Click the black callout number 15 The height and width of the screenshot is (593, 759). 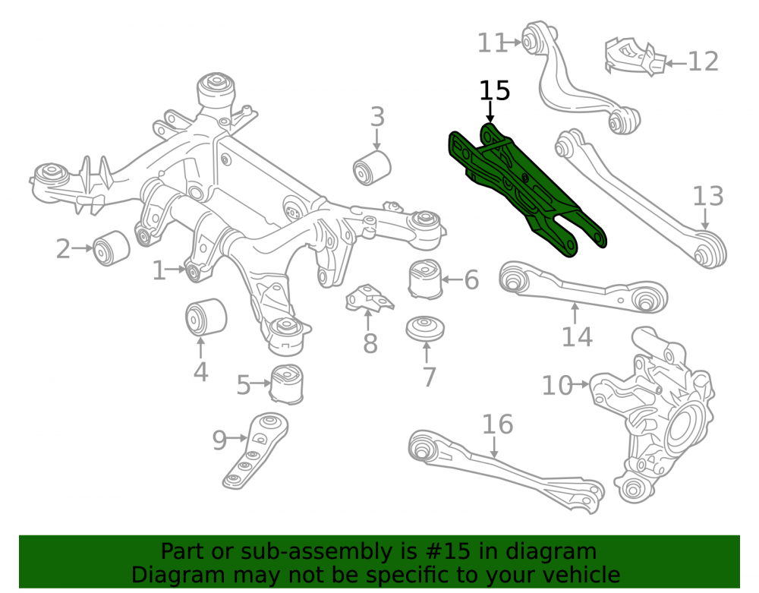click(x=495, y=90)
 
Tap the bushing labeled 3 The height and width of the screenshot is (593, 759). click(x=372, y=168)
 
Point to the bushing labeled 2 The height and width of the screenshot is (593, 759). click(x=112, y=248)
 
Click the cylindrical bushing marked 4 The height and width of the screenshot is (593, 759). click(x=206, y=317)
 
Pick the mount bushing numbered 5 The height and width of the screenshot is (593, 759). click(x=287, y=384)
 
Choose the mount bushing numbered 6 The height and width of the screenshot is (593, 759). click(x=426, y=280)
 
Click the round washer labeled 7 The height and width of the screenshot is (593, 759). click(x=426, y=329)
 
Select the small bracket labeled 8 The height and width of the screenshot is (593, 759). click(x=370, y=297)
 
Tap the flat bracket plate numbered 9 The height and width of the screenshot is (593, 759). click(x=254, y=450)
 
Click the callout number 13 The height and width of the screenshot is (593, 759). click(x=708, y=197)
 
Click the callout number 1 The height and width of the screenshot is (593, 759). click(x=159, y=270)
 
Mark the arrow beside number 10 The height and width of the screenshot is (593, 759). click(x=581, y=384)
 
